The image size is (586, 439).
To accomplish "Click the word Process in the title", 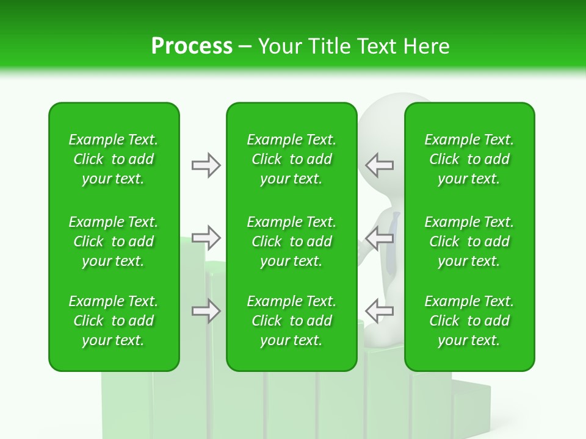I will click(192, 46).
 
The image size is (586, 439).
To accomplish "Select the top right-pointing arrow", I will click(206, 165).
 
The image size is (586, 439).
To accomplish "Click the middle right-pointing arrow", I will click(206, 238).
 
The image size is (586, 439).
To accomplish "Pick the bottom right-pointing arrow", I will click(206, 311).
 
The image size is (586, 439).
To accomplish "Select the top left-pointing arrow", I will click(379, 165).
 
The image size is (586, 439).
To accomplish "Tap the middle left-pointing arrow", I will click(379, 238).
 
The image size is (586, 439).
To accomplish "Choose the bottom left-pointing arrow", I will click(379, 311).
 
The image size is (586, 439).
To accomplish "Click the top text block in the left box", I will click(114, 159).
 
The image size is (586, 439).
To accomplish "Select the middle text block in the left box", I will click(114, 241).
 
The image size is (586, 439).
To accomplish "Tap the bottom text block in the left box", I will click(114, 321).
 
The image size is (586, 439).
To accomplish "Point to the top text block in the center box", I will click(291, 159).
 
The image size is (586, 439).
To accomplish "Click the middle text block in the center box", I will click(291, 241).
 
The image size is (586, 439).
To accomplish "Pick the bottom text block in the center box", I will click(291, 321).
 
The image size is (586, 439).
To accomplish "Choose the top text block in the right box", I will click(469, 159).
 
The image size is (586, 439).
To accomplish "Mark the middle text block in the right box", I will click(469, 241).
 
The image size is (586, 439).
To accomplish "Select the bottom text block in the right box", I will click(469, 321).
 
